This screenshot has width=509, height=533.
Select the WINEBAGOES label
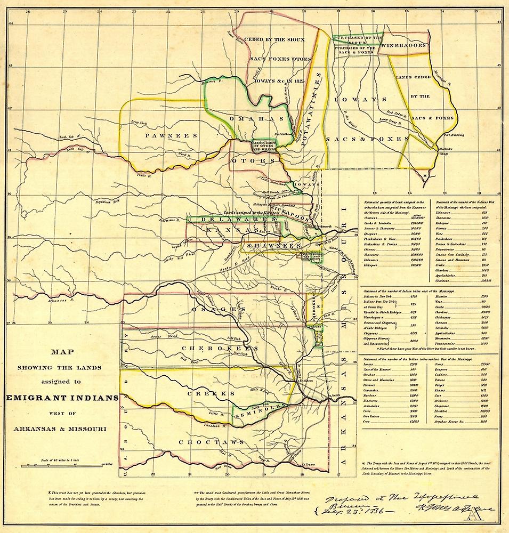(x=406, y=46)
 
